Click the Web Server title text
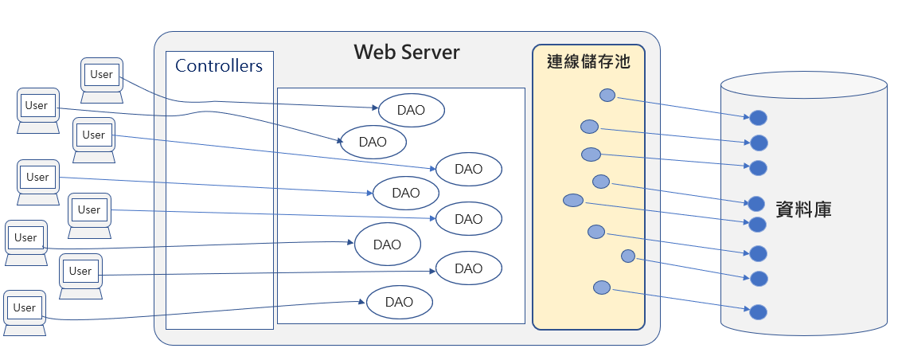407,52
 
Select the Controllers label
219,65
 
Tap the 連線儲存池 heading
588,61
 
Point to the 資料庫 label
803,209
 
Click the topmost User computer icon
102,80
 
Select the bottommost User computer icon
25,313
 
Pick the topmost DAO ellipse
412,110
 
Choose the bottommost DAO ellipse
399,302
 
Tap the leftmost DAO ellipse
373,142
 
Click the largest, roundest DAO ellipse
387,245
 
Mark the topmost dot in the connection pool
607,95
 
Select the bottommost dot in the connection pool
601,288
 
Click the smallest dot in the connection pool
627,256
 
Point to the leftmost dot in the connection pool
572,200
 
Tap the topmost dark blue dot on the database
758,118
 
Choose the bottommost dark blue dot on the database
758,312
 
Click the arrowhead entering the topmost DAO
374,108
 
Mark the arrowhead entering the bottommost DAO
362,302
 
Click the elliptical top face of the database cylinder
803,85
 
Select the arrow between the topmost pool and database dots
683,108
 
